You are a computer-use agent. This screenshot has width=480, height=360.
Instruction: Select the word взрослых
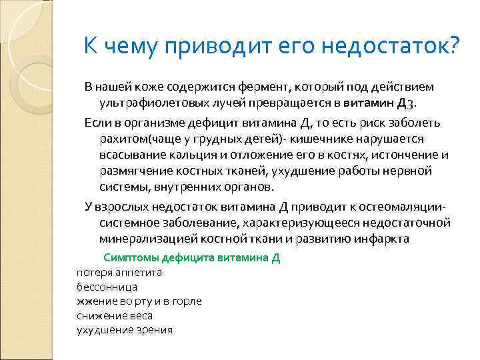tap(121, 205)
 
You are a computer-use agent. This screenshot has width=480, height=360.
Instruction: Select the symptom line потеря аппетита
tap(119, 272)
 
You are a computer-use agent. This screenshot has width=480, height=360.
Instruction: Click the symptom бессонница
tap(107, 287)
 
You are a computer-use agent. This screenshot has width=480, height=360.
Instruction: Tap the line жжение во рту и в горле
tap(139, 301)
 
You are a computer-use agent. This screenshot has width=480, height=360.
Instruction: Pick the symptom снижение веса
tap(114, 315)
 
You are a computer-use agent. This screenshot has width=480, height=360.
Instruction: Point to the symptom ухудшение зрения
tap(124, 330)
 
